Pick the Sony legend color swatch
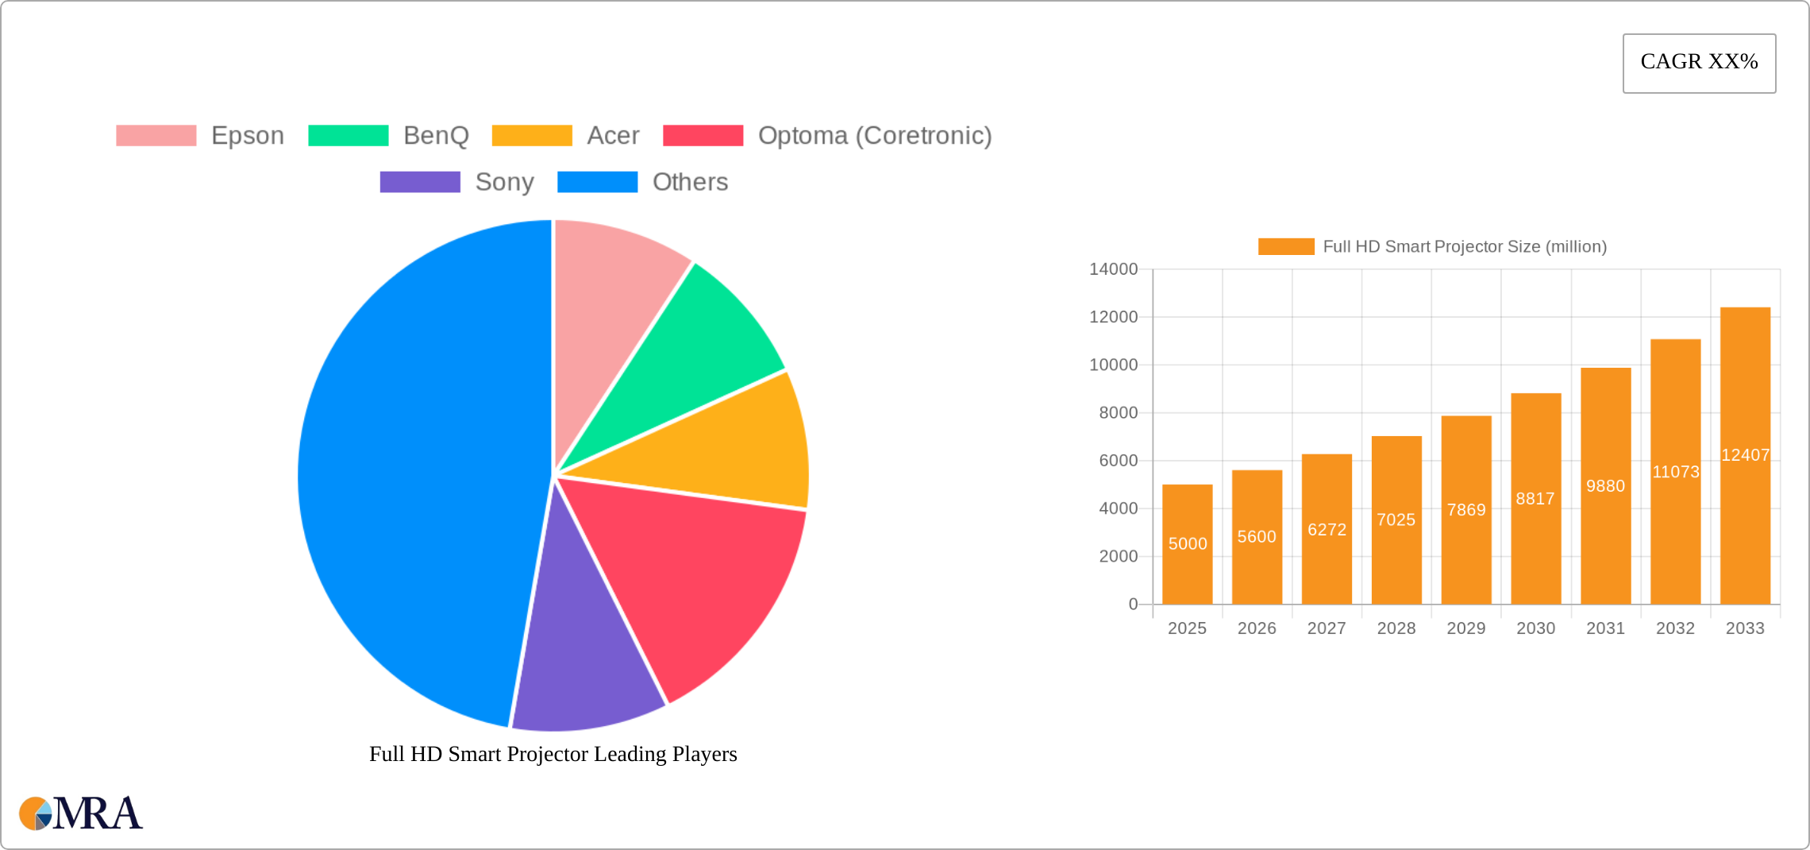[x=420, y=182]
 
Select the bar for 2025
[x=1187, y=545]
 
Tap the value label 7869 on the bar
[x=1466, y=510]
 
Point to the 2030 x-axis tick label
[x=1535, y=628]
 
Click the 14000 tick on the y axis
[x=1113, y=269]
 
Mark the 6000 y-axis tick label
[x=1118, y=461]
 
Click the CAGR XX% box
[x=1699, y=63]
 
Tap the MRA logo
[x=81, y=813]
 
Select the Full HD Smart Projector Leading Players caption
[x=553, y=754]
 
